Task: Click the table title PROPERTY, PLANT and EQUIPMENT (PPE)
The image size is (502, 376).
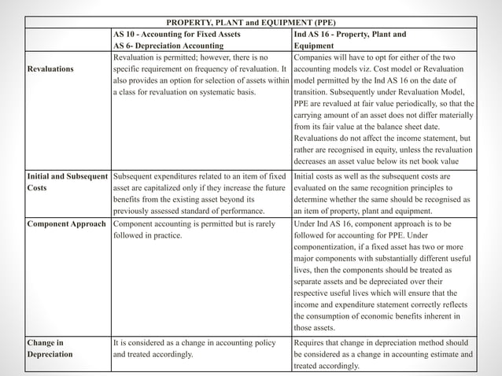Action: click(x=250, y=21)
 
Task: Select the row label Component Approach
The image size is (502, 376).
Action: click(x=66, y=224)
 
